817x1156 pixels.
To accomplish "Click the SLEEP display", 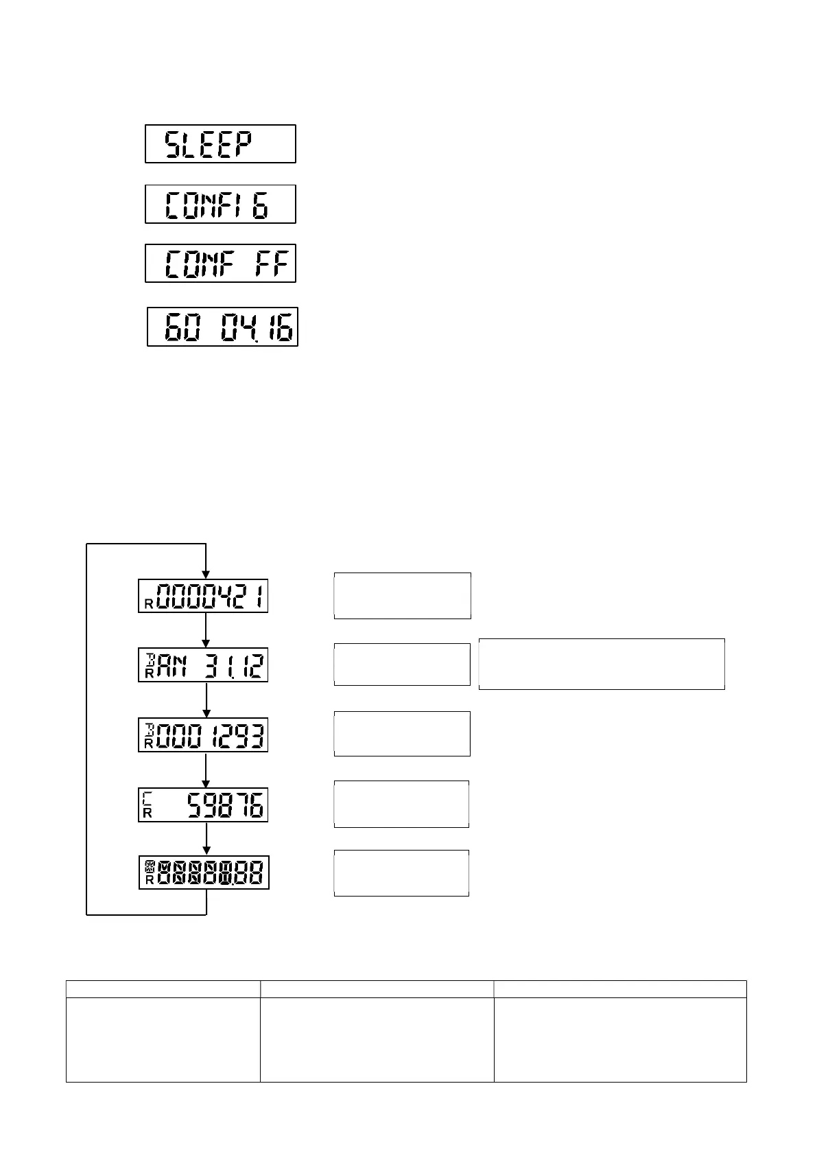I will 220,144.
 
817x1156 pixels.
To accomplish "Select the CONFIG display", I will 220,205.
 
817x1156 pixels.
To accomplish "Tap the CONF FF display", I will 220,264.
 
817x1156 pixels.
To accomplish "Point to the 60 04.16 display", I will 223,327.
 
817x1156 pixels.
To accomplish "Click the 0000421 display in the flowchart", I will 203,596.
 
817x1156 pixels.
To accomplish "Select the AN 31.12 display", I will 203,665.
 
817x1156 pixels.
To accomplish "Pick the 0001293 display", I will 203,735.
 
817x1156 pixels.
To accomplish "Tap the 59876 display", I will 203,805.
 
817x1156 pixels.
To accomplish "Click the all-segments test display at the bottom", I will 204,872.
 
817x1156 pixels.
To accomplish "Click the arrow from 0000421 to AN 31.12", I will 206,630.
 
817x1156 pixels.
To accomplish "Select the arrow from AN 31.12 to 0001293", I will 206,700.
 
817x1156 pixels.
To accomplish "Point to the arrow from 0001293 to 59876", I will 206,770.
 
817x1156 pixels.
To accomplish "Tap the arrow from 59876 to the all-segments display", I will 206,838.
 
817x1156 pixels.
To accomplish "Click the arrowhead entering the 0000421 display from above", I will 206,574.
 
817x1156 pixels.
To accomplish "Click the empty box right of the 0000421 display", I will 402,596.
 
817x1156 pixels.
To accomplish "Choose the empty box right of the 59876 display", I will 401,804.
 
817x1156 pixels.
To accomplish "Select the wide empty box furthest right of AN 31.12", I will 602,664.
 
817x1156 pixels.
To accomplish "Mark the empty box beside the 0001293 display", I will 402,734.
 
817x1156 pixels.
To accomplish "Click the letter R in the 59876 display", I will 147,814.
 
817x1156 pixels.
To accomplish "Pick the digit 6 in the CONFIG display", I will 260,205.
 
